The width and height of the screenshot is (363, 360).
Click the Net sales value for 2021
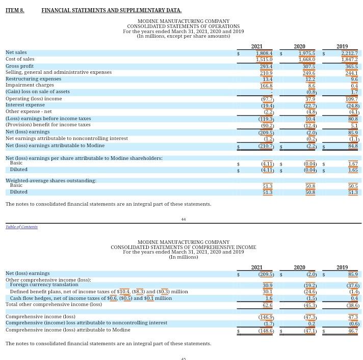(x=264, y=53)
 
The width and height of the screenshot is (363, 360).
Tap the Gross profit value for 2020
(x=309, y=67)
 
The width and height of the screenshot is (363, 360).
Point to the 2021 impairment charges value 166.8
(x=266, y=86)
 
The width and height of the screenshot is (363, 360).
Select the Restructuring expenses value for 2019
(x=354, y=79)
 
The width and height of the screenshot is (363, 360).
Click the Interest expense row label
(x=25, y=105)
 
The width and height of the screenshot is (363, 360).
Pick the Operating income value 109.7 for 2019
(x=351, y=99)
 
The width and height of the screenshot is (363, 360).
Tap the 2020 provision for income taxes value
(x=310, y=125)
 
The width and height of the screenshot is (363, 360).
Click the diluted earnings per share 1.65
(x=353, y=170)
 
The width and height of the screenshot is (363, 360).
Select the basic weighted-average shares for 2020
(x=310, y=186)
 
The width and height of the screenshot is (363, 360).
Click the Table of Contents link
(x=21, y=227)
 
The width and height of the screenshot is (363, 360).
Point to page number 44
(x=184, y=219)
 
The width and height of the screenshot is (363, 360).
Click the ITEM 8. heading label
(x=15, y=10)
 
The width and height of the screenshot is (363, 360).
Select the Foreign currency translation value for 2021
(x=267, y=286)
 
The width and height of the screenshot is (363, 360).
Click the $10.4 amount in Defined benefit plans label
(x=123, y=292)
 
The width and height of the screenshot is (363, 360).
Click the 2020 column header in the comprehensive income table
(x=299, y=267)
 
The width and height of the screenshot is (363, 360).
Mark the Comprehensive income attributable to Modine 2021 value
(x=266, y=331)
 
